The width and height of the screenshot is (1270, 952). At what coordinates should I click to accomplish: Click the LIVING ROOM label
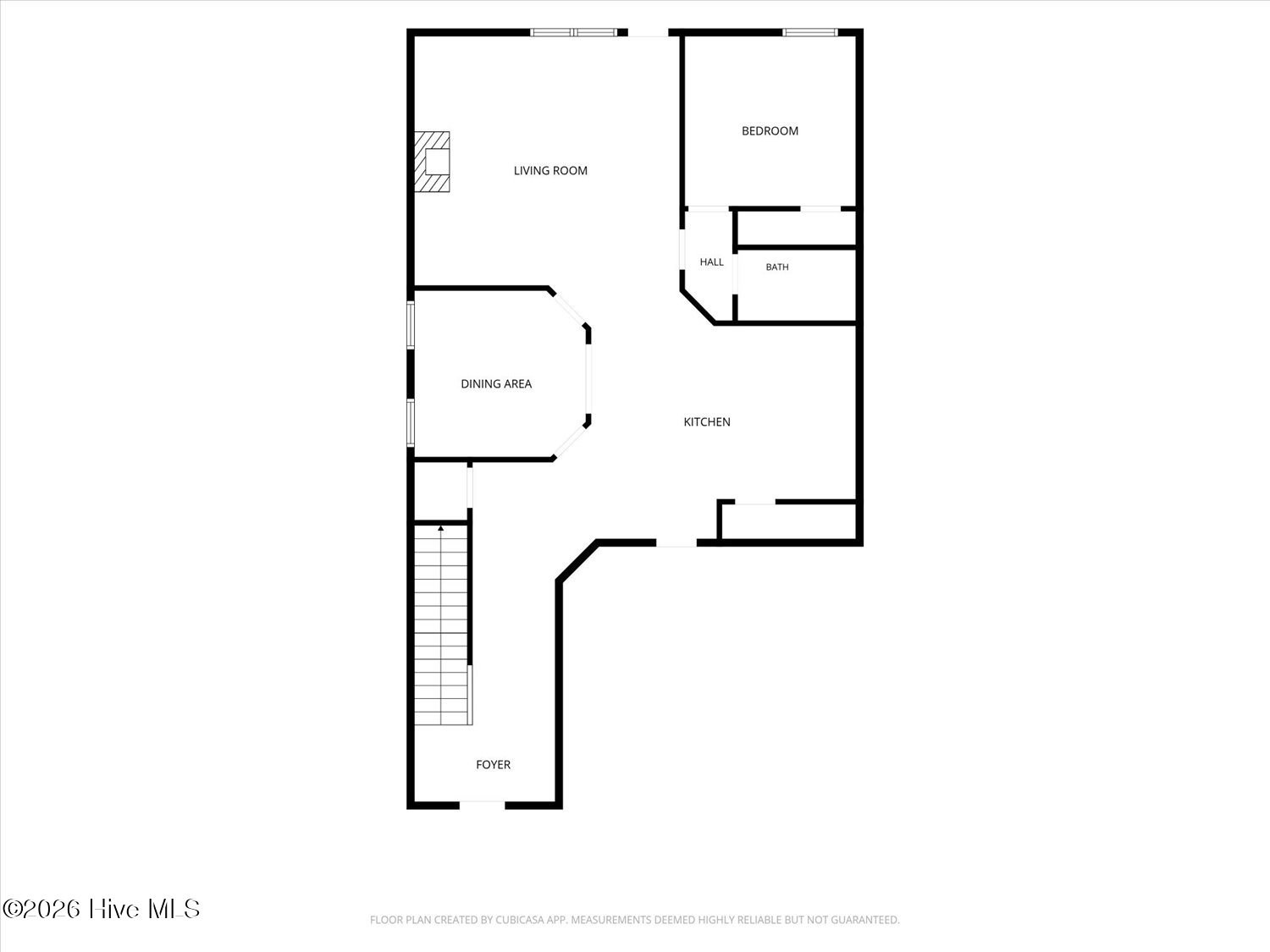550,171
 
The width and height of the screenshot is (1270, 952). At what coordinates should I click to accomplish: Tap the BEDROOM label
770,131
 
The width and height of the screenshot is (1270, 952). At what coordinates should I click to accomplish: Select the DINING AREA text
496,384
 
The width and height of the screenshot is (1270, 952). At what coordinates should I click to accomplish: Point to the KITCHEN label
706,422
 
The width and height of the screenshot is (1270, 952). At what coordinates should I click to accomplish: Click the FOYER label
493,765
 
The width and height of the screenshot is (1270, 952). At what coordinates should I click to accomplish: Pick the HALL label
712,262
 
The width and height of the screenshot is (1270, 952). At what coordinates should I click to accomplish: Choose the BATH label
777,267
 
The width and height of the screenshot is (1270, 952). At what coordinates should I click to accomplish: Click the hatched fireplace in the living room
432,162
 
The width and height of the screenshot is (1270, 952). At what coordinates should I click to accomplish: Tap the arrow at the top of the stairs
441,528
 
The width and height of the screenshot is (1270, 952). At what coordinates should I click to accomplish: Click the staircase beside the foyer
441,625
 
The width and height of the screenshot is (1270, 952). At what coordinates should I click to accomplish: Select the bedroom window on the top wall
810,32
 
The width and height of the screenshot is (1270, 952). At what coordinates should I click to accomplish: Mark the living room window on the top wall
574,32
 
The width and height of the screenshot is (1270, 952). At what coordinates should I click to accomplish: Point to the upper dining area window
411,325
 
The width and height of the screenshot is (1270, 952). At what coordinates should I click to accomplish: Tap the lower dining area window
411,422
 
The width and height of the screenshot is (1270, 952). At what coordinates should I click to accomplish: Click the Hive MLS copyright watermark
102,909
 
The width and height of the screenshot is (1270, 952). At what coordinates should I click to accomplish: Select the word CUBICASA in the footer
517,920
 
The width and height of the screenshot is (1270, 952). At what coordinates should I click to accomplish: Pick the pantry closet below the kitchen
789,521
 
